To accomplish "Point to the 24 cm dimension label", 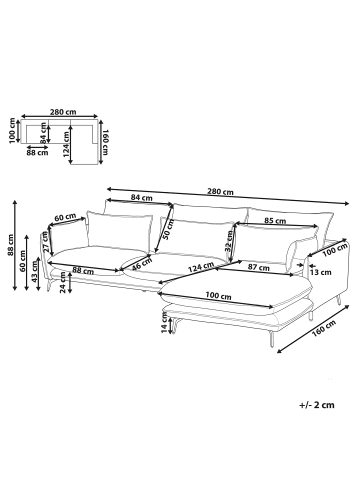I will click(63, 291).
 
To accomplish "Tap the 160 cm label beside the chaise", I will click(318, 331).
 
